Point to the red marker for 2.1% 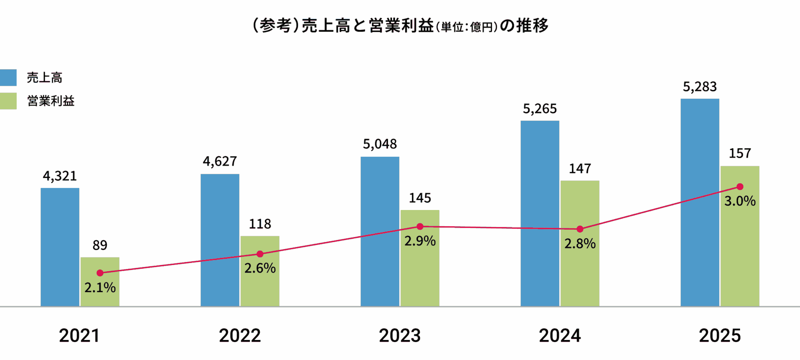point(100,273)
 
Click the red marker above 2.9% point(420,227)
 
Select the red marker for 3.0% point(740,187)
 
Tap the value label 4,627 point(220,161)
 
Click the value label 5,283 point(700,87)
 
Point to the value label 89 point(100,245)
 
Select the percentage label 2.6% point(260,268)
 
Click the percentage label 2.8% point(580,243)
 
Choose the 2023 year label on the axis point(400,335)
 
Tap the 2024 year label point(560,335)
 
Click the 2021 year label point(79,335)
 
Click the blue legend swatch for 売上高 point(8,77)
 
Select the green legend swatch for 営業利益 point(8,101)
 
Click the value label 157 point(740,153)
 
